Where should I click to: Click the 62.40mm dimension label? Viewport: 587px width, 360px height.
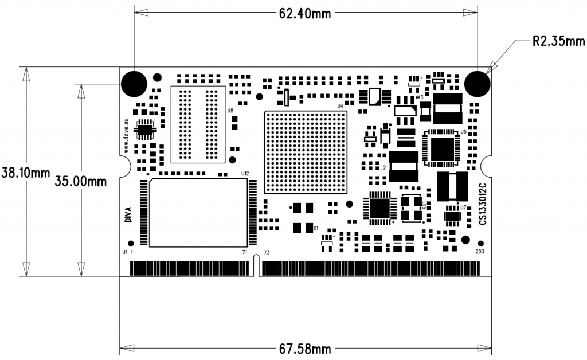click(x=304, y=13)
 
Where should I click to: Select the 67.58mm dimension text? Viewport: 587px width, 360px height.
click(x=304, y=348)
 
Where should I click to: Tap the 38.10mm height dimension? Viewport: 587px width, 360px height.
click(x=25, y=172)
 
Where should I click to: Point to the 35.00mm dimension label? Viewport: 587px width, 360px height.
click(x=81, y=181)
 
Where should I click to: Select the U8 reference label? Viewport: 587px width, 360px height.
click(x=230, y=110)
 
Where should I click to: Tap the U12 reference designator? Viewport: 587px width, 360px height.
click(x=245, y=173)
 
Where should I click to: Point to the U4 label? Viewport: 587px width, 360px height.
click(x=340, y=106)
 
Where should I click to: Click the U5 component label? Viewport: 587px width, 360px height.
click(x=463, y=131)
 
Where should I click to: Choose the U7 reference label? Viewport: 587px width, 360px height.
click(x=463, y=207)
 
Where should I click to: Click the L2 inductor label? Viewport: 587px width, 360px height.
click(x=383, y=168)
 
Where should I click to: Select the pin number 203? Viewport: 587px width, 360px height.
click(x=480, y=252)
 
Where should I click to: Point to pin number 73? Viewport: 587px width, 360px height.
click(x=266, y=252)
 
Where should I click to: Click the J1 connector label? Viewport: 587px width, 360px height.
click(x=125, y=252)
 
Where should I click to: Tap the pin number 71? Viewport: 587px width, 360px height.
click(x=245, y=252)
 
